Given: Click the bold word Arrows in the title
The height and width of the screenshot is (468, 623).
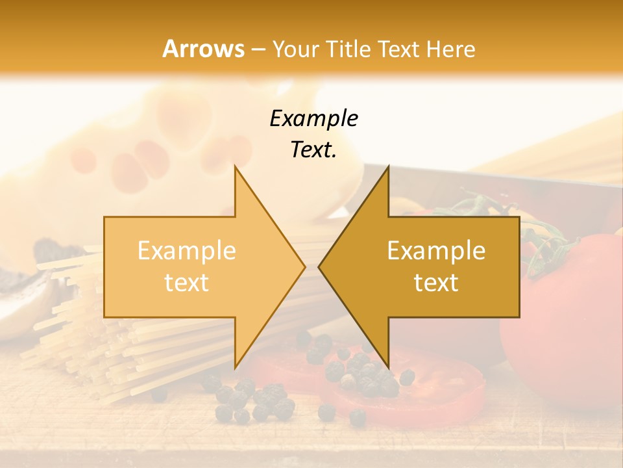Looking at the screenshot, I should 203,49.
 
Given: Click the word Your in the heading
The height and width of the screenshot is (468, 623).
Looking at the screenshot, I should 296,49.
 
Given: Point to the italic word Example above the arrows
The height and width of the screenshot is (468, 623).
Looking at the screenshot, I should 313,118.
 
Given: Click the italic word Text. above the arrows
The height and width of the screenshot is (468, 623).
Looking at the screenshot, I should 313,150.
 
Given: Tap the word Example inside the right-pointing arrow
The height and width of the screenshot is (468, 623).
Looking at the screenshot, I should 187,251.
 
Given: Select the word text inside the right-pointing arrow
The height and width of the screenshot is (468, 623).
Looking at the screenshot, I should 187,283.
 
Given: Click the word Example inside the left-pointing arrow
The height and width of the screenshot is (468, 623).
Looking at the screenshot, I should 436,251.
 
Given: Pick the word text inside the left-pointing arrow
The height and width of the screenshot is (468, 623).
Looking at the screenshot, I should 436,283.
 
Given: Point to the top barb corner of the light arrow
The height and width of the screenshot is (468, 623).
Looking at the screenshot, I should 236,167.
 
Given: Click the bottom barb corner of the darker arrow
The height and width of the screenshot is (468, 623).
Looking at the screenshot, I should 387,367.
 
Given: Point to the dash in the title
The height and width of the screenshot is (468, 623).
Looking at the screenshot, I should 258,49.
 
